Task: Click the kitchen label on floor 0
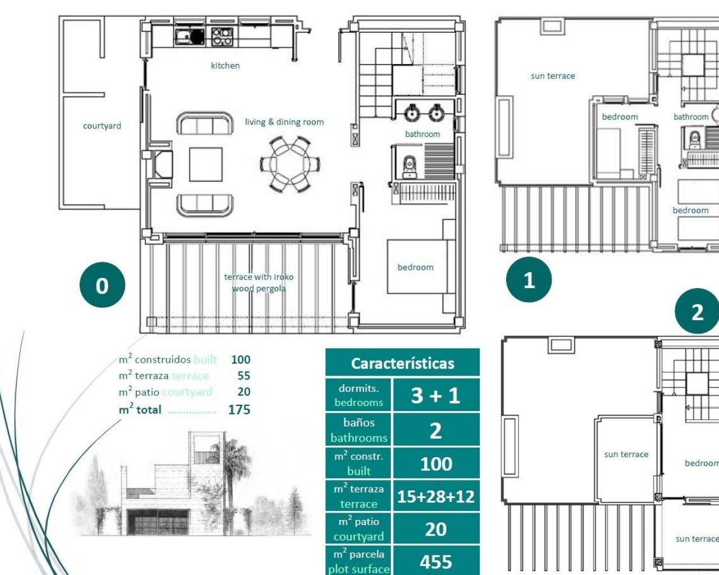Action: [225, 66]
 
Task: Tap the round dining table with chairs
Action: [290, 165]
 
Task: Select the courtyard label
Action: [102, 126]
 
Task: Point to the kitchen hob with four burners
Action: [221, 37]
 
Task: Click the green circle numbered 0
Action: [102, 285]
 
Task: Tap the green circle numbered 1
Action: [529, 280]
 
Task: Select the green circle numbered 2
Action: [697, 312]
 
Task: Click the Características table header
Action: [402, 363]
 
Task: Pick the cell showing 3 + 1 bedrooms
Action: [436, 395]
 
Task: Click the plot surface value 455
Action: [436, 561]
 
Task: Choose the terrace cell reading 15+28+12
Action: [436, 496]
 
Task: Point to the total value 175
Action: [239, 409]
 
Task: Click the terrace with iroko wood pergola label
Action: [258, 282]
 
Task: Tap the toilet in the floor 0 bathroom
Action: [409, 164]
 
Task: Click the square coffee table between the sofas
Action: [205, 164]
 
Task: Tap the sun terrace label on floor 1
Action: [553, 76]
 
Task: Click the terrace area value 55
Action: [243, 376]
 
